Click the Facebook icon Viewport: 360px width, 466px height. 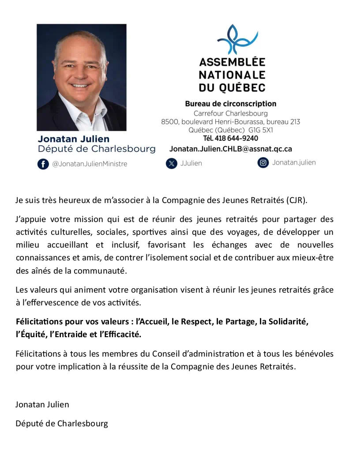(43, 164)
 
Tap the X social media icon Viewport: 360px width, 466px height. (171, 163)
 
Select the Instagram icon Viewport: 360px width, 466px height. (263, 162)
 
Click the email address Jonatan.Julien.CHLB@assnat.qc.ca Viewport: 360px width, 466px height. (230, 149)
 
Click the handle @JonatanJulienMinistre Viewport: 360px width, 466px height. (90, 164)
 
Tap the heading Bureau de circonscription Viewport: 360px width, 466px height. (231, 104)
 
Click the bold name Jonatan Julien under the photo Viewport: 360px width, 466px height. (73, 139)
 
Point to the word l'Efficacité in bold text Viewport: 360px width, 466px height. (120, 334)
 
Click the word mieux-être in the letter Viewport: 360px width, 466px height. (316, 258)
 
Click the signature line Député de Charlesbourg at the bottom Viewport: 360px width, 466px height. (62, 424)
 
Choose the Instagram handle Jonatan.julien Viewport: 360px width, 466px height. (294, 162)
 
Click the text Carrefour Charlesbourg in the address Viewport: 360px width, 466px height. (231, 113)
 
